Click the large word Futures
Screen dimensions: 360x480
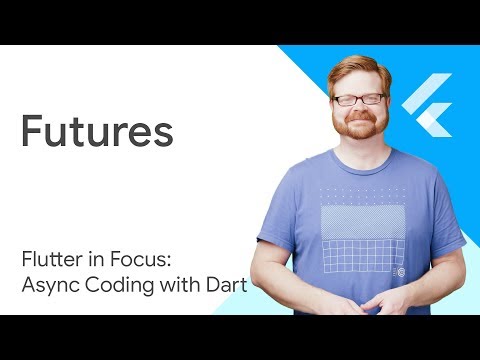[x=97, y=132]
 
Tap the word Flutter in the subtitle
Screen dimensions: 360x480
[x=47, y=262]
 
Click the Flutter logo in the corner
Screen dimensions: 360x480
[x=428, y=104]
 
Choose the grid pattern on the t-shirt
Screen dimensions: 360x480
[x=360, y=250]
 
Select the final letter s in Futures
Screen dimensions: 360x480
[x=163, y=134]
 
